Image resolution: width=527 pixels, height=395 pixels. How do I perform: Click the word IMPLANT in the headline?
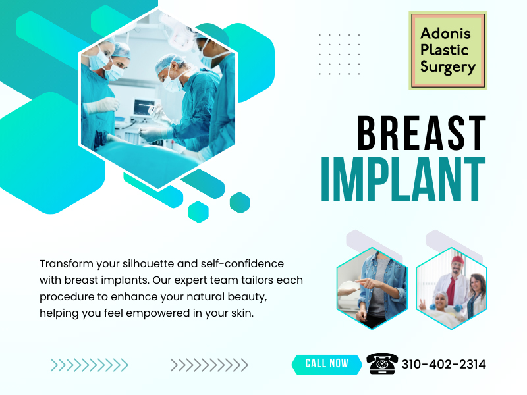(x=402, y=178)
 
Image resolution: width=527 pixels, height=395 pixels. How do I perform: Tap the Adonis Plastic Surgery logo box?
(x=447, y=50)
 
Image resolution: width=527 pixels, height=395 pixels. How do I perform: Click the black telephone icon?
(x=382, y=363)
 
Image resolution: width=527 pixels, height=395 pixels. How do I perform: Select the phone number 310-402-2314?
(x=443, y=364)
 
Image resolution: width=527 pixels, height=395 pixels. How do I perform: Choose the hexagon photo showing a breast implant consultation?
(x=372, y=288)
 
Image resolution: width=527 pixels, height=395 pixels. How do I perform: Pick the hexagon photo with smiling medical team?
(x=451, y=288)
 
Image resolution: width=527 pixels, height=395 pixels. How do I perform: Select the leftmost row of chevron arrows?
(x=90, y=365)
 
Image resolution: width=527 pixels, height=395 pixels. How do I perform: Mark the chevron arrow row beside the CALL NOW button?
(x=209, y=365)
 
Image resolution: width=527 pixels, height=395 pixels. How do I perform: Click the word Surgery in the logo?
(x=447, y=66)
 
